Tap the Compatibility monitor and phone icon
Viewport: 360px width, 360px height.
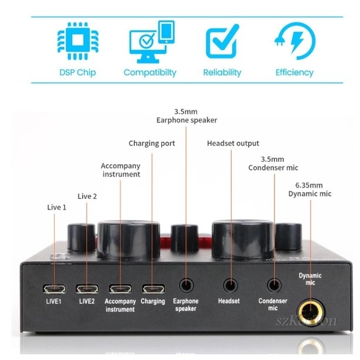pos(150,40)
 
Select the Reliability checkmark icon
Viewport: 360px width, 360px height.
pos(222,40)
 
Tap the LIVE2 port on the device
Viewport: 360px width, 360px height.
pos(87,289)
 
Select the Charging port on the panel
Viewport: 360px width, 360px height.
pos(153,289)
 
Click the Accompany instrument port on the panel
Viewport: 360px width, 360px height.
pos(120,289)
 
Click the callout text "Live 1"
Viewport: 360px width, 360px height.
pos(57,208)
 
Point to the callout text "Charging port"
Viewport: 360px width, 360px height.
pos(152,143)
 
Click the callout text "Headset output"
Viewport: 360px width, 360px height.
pos(233,143)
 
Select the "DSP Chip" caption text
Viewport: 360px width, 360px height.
pos(77,73)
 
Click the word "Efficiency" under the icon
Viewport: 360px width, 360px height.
pos(294,73)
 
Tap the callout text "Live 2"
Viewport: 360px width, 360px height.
pos(87,196)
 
